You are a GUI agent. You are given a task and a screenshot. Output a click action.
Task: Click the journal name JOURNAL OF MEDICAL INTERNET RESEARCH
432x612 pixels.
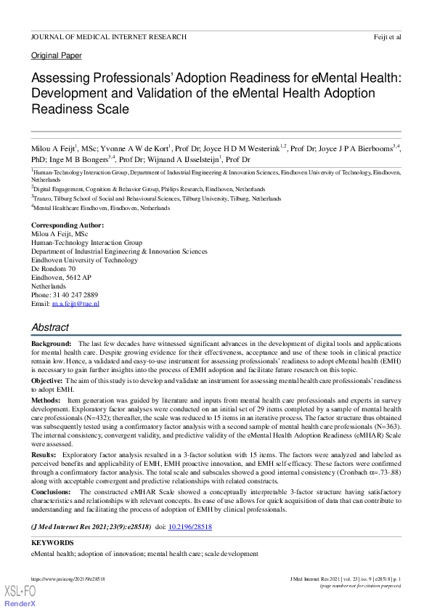click(108, 36)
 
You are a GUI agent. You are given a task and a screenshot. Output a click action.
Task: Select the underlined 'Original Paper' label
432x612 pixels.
click(57, 56)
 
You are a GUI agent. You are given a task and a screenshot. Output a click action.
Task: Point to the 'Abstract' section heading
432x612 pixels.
click(50, 327)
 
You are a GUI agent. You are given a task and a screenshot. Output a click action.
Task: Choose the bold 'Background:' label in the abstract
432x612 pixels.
click(51, 342)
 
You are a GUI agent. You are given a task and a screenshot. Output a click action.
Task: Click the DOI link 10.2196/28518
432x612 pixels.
click(189, 525)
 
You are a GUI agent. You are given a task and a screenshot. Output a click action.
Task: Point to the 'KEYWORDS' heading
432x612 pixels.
click(52, 543)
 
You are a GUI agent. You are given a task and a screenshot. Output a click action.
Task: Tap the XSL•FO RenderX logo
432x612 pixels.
click(20, 595)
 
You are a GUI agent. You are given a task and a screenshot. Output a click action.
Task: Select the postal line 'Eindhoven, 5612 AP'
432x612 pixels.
click(61, 278)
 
